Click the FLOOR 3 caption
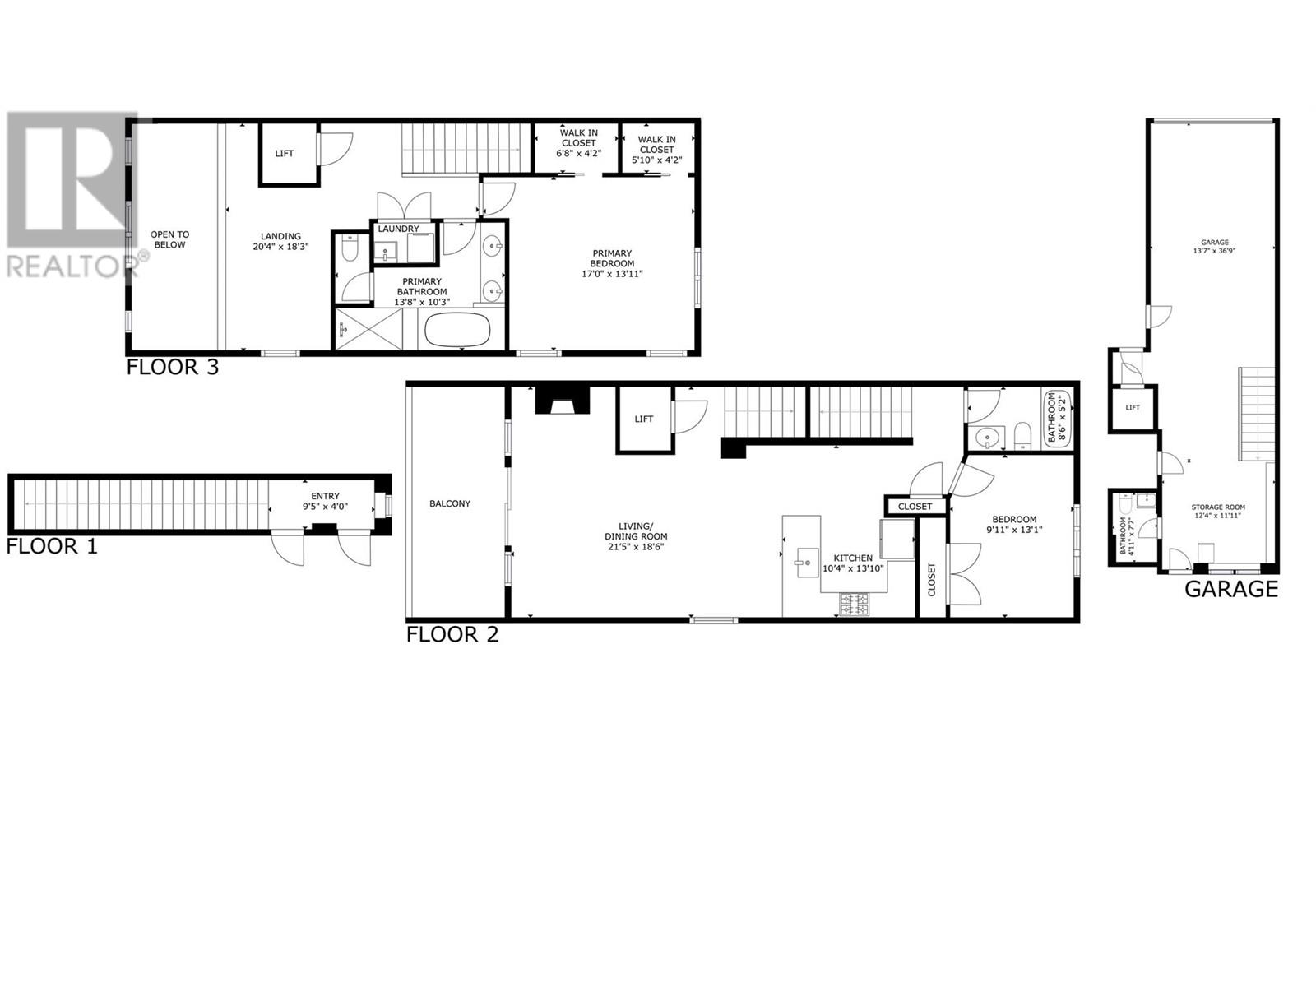tap(173, 367)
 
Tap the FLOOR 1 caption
tap(52, 546)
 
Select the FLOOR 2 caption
tap(452, 634)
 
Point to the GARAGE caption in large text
tap(1230, 589)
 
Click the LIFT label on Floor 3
tap(285, 154)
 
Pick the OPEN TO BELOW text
tap(170, 239)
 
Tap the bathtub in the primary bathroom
tap(457, 331)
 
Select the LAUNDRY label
tap(398, 229)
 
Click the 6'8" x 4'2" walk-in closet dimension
tap(579, 154)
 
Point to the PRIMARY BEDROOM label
tap(612, 258)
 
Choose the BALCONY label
tap(450, 503)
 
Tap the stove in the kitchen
tap(852, 605)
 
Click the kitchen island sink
tap(803, 563)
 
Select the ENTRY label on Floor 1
tap(326, 496)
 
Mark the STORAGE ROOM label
tap(1219, 507)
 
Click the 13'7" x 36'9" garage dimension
tap(1215, 252)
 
